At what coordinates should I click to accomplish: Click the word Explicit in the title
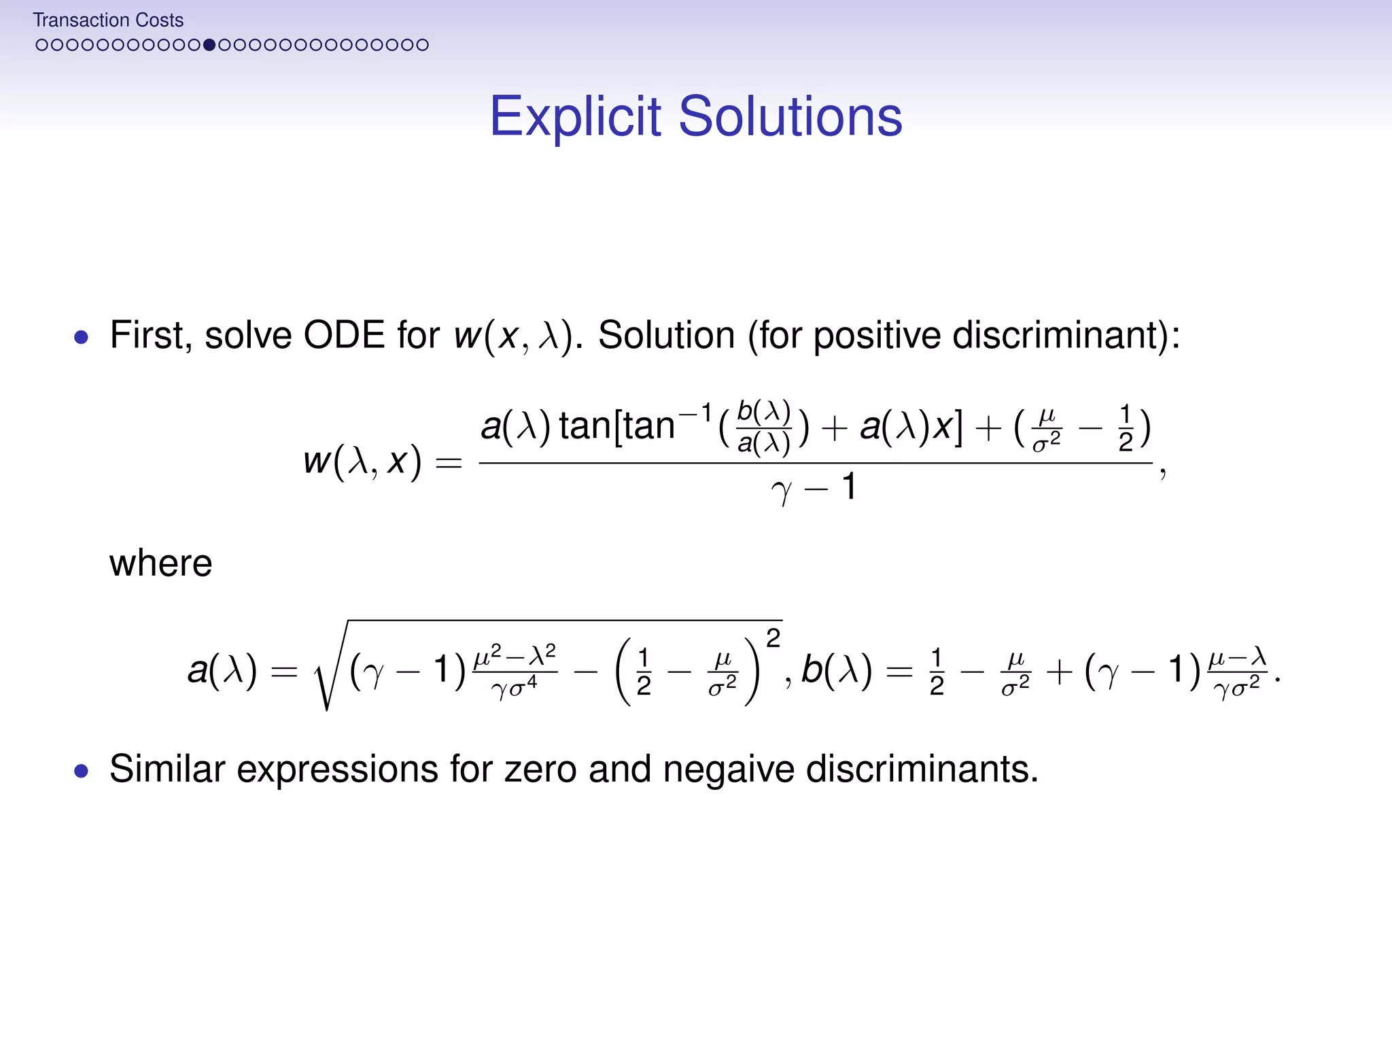pos(575,117)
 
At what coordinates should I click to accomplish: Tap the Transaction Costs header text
pos(108,20)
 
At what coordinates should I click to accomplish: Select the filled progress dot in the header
pos(209,45)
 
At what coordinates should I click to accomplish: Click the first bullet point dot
pos(82,337)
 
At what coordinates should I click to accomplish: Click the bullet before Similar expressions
pos(82,771)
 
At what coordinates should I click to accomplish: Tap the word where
pos(161,563)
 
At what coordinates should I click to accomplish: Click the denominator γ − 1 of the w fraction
pos(814,488)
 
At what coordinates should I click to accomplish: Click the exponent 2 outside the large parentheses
pos(773,638)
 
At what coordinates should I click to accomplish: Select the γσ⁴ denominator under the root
pos(515,689)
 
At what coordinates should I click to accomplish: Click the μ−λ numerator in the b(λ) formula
pos(1237,657)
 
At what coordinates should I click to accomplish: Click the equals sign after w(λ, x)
pos(449,464)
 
